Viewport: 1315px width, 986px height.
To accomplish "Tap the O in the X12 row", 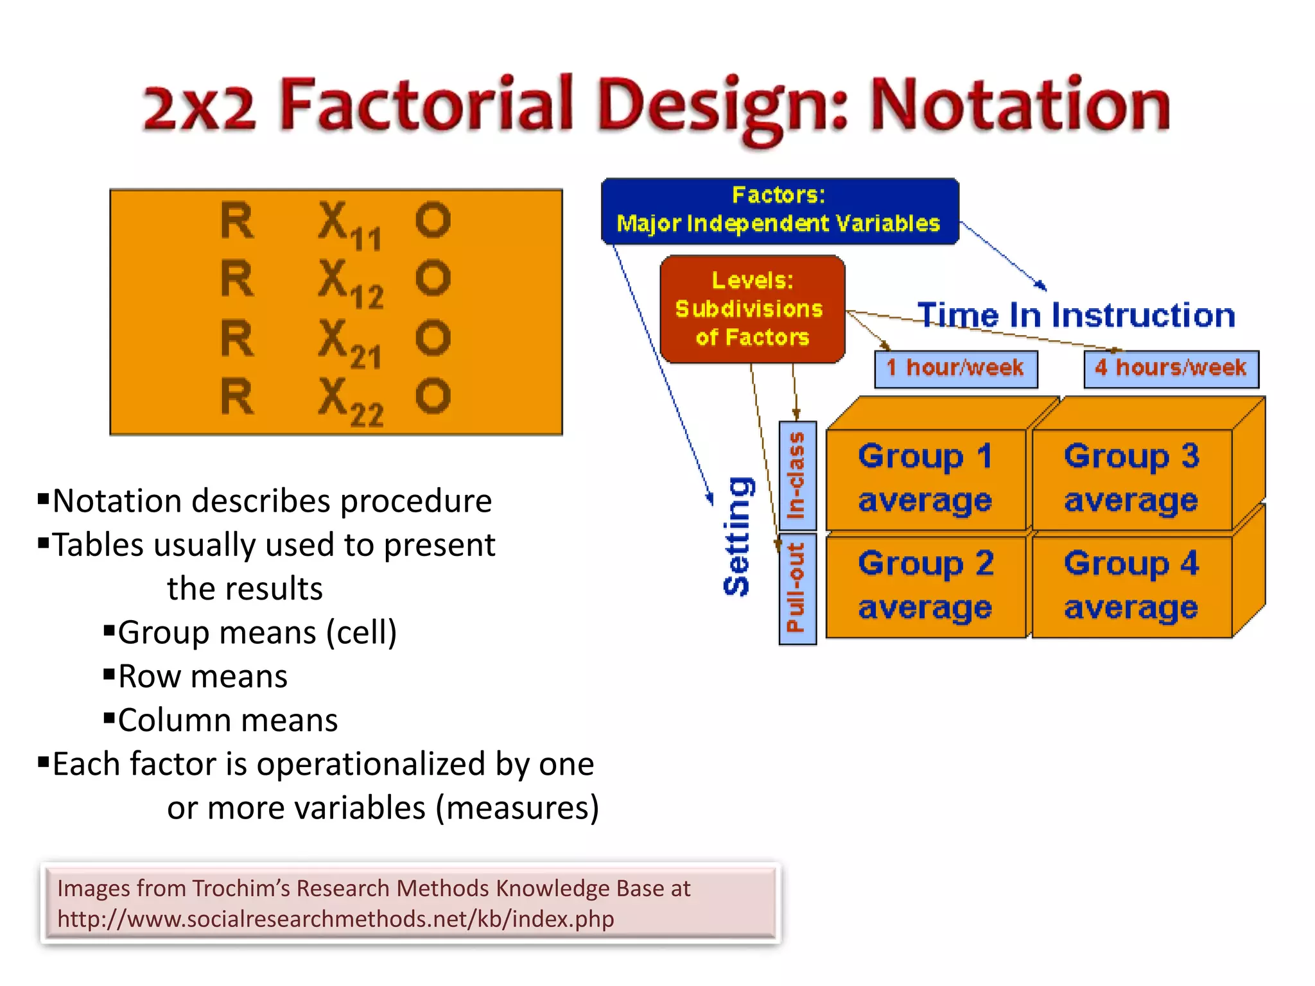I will coord(433,279).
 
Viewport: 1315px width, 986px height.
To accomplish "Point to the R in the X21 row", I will coord(237,338).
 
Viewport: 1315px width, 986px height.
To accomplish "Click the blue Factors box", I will coord(779,211).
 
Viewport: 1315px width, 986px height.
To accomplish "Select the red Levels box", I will coord(752,309).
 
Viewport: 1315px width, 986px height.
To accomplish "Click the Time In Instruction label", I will coord(1077,315).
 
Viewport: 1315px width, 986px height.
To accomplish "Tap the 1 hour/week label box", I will coord(955,368).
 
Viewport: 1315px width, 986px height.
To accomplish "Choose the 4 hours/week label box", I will coord(1171,368).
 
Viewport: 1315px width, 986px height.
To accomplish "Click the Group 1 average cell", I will coord(925,479).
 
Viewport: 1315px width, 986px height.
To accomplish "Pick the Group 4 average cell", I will coord(1131,585).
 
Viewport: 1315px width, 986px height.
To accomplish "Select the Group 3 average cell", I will coord(1131,479).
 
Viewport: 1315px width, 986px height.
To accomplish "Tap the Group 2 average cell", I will coord(925,585).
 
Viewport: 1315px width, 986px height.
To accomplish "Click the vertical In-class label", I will coord(797,476).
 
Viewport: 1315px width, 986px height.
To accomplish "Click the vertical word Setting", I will coord(737,537).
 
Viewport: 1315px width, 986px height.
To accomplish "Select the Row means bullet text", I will coord(203,677).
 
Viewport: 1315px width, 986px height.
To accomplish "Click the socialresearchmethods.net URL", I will coord(335,919).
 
